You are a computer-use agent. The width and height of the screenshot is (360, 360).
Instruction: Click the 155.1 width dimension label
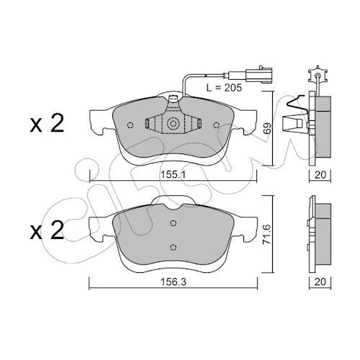pyautogui.click(x=173, y=175)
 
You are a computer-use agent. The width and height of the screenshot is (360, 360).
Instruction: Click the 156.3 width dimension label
pyautogui.click(x=174, y=282)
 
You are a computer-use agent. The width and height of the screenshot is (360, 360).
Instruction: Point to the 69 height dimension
pyautogui.click(x=268, y=128)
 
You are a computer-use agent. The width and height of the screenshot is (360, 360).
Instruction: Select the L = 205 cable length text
pyautogui.click(x=224, y=88)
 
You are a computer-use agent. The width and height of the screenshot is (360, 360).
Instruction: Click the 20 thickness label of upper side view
pyautogui.click(x=320, y=175)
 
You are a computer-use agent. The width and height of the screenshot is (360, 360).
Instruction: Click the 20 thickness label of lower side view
pyautogui.click(x=320, y=282)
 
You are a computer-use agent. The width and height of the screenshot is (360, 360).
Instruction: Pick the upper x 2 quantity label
pyautogui.click(x=47, y=123)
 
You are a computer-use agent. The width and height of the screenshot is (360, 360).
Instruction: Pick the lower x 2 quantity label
pyautogui.click(x=47, y=230)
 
